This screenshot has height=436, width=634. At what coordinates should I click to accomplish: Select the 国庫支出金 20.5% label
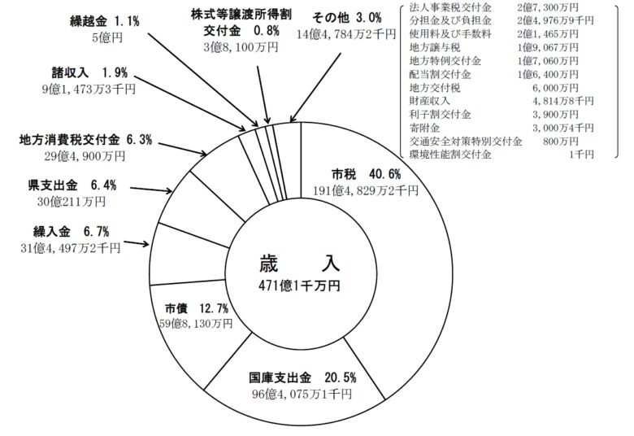tap(300, 378)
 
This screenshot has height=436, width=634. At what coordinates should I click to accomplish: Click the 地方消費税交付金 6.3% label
tap(85, 140)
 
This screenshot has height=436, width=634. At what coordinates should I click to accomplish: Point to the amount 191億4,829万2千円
tap(367, 191)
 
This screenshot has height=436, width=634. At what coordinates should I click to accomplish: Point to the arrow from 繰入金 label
tap(137, 242)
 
